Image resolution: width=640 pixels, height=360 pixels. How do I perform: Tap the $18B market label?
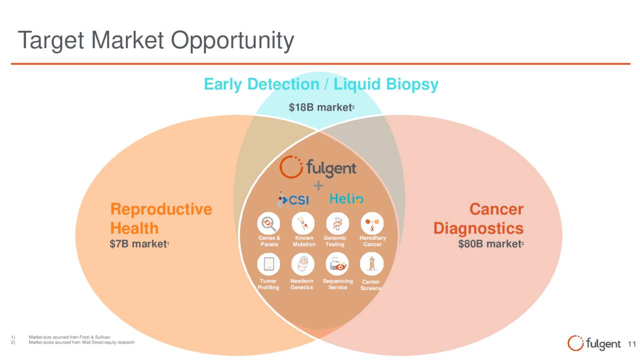coord(321,107)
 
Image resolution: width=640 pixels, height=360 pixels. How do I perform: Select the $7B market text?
coord(139,244)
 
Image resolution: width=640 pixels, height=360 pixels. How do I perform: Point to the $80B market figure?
coord(491,244)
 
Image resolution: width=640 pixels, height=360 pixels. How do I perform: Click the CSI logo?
coord(293,199)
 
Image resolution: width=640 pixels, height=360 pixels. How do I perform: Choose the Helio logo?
coord(346,199)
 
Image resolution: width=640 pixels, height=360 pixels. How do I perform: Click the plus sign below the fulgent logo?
coord(318,186)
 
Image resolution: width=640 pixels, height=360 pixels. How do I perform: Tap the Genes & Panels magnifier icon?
coord(268,223)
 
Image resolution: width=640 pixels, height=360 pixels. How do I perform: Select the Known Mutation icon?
coord(303,223)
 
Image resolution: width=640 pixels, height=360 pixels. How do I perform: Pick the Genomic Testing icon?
coord(337,223)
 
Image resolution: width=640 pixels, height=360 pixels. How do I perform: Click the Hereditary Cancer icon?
coord(372,223)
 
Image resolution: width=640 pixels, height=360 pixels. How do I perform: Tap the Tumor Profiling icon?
coord(268,263)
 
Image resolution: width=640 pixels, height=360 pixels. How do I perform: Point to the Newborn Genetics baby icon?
coord(303,263)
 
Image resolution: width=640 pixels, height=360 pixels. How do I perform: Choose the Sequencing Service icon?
coord(337,263)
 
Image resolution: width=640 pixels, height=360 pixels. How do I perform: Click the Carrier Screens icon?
coord(372,263)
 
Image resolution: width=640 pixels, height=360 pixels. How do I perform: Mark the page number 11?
coord(632,344)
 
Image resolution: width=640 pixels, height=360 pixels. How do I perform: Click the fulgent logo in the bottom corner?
coord(594,343)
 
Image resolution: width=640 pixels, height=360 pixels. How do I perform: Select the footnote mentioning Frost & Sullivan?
coord(69,337)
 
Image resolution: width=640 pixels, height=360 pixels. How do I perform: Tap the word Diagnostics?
coord(478,228)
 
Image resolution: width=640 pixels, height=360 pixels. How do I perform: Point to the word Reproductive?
coord(161,209)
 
